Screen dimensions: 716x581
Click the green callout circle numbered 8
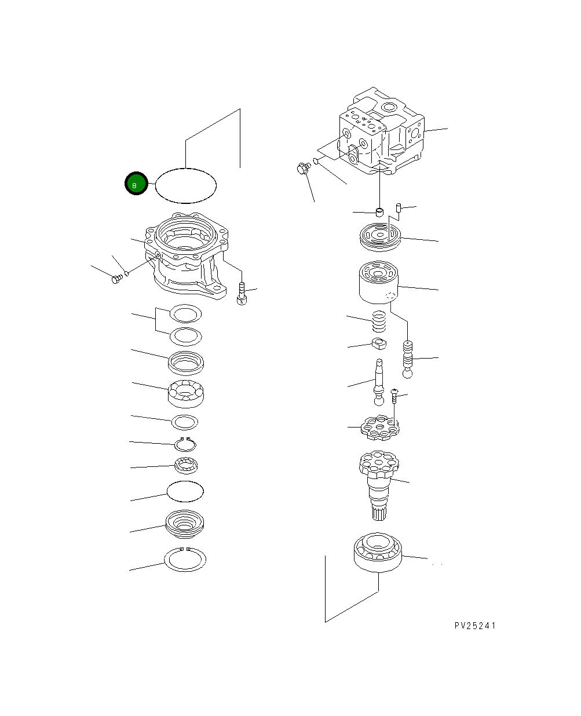(x=136, y=184)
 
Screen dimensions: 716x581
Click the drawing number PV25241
(x=475, y=626)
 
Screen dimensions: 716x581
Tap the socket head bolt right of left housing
(x=242, y=293)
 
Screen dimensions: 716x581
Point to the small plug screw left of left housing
(x=115, y=279)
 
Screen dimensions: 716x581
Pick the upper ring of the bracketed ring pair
(x=185, y=314)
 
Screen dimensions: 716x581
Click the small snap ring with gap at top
(x=186, y=444)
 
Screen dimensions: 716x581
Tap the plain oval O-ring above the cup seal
(x=185, y=491)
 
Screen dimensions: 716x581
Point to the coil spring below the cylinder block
(x=378, y=322)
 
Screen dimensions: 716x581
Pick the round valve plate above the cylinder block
(x=379, y=238)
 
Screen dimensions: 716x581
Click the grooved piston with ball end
(x=408, y=359)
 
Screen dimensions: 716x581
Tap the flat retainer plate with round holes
(x=379, y=428)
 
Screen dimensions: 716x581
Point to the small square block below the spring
(x=379, y=345)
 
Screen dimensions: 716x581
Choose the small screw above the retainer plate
(x=394, y=396)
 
